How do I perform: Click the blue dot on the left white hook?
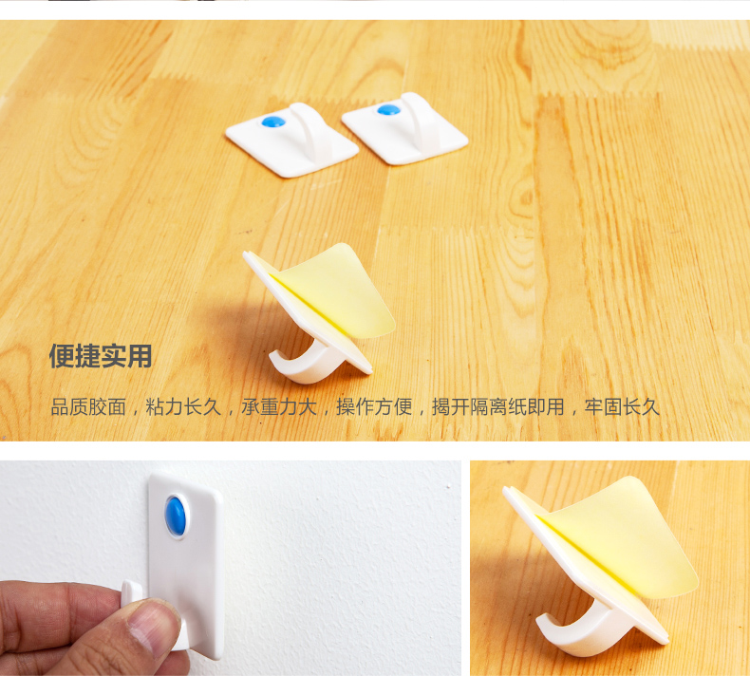click(273, 122)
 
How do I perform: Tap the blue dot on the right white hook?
click(388, 110)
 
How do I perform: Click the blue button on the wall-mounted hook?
click(176, 516)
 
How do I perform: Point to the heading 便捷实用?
click(101, 356)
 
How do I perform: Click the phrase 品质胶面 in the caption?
click(88, 407)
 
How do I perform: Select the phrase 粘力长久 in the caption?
click(183, 407)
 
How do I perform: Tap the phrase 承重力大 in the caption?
click(279, 407)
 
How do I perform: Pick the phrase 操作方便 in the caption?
click(374, 407)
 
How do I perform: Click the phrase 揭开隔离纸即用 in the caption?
click(498, 407)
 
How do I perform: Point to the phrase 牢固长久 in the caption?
click(622, 407)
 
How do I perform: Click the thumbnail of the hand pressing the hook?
click(231, 569)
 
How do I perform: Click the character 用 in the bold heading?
click(141, 356)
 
